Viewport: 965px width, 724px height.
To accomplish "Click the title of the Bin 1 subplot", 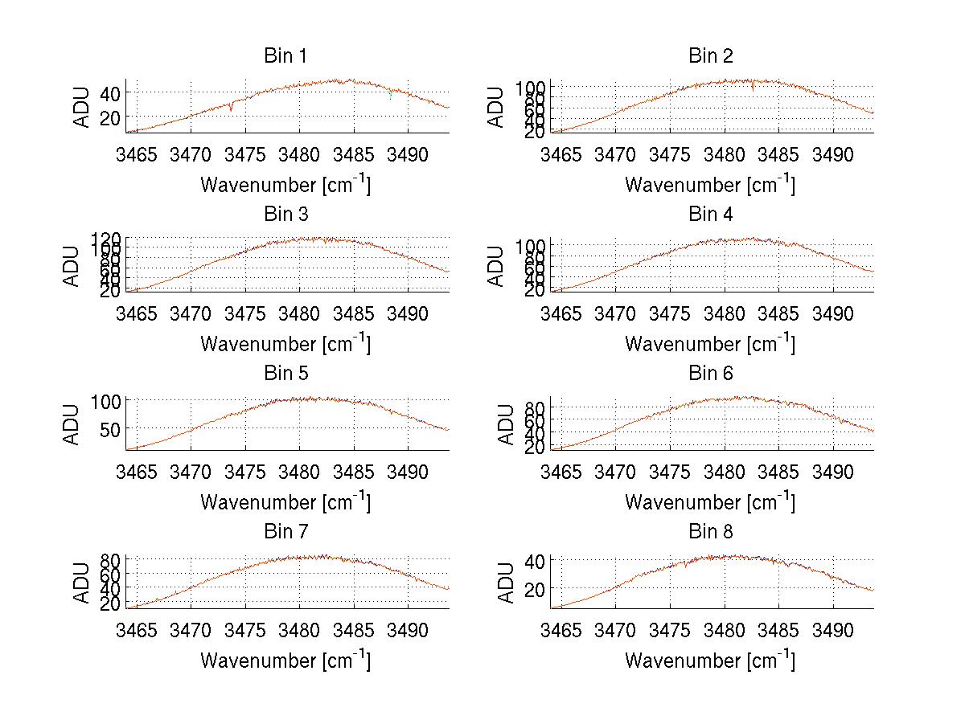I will point(285,56).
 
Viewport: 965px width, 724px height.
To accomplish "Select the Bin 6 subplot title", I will point(711,374).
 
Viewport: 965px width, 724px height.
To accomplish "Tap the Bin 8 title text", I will point(711,532).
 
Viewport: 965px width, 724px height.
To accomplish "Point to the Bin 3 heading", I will point(285,215).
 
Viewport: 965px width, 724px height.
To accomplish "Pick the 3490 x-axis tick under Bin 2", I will point(832,153).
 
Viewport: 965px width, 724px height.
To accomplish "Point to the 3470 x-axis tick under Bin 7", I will point(191,629).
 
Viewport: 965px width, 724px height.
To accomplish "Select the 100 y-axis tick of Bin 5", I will point(106,400).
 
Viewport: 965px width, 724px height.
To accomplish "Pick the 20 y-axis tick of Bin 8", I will point(535,588).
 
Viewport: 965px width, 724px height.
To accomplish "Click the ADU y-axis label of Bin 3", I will point(72,266).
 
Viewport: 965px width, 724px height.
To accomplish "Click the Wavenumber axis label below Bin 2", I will point(710,185).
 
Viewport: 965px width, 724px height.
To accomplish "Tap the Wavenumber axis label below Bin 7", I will point(285,660).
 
